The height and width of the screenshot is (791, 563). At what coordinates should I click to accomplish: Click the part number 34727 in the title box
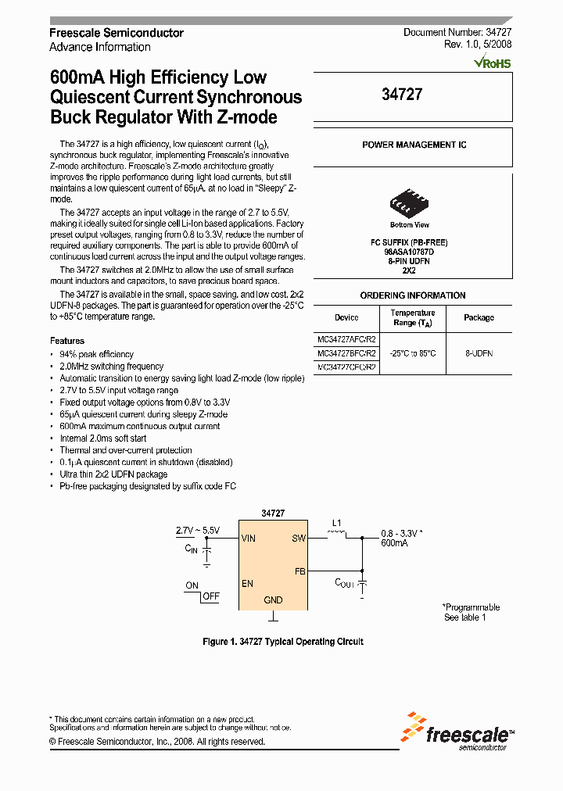click(402, 95)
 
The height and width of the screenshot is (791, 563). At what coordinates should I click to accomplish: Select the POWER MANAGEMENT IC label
click(414, 145)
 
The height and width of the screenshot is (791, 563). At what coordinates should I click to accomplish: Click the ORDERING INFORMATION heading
click(413, 295)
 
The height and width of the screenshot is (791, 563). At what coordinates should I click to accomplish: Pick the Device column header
click(346, 317)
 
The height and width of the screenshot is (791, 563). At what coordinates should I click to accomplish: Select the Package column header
click(479, 317)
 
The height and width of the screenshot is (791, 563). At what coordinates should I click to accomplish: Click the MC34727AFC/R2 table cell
click(346, 340)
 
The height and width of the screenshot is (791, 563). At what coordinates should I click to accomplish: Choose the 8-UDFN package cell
click(479, 353)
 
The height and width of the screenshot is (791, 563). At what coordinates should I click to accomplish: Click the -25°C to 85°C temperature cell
click(412, 353)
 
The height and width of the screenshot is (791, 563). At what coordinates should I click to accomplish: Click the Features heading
click(67, 341)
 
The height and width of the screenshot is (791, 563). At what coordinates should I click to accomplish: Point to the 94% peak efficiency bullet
click(96, 354)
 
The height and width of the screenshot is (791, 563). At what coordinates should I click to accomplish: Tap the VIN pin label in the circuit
click(249, 539)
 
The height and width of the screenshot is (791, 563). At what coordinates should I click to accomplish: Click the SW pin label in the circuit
click(298, 539)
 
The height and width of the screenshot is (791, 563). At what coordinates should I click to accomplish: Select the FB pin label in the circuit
click(299, 571)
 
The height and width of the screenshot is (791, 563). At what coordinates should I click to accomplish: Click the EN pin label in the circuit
click(247, 584)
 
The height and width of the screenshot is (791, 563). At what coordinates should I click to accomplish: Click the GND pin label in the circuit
click(273, 600)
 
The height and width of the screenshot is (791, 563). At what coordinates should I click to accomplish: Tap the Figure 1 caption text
click(282, 642)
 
